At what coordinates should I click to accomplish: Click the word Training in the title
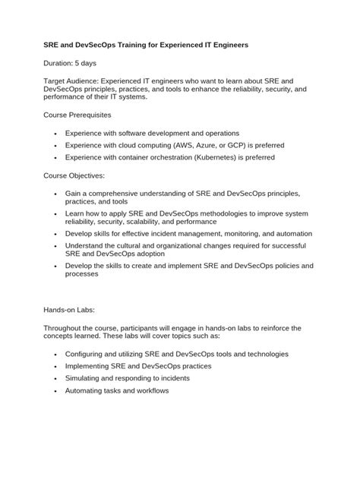pyautogui.click(x=145, y=46)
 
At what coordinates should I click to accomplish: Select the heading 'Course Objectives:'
pyautogui.click(x=74, y=175)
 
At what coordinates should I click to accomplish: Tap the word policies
pyautogui.click(x=282, y=267)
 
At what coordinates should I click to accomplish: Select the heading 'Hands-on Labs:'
pyautogui.click(x=68, y=310)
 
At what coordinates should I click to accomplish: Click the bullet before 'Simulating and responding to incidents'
pyautogui.click(x=57, y=378)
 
